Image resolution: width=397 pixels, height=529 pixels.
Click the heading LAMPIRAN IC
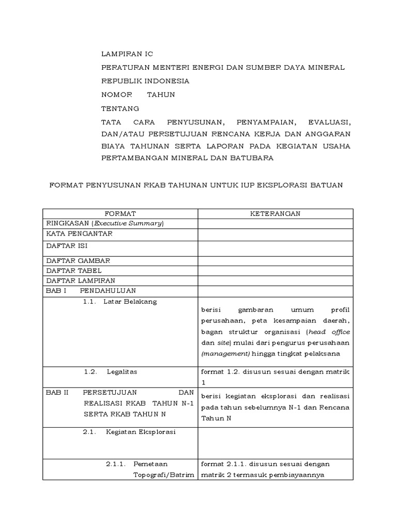[x=127, y=54]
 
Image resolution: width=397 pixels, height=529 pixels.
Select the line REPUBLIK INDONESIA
[x=145, y=81]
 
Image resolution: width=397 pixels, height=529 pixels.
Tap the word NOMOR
[x=116, y=95]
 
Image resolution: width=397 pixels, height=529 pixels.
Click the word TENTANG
[x=120, y=108]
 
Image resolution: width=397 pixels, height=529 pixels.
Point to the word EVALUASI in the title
[x=329, y=123]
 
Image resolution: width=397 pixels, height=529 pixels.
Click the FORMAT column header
[x=120, y=213]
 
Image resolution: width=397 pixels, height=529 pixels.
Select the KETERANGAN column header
[x=276, y=213]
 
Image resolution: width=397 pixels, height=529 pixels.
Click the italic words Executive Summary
[x=133, y=223]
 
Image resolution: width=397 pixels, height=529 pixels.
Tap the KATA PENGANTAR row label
[x=79, y=234]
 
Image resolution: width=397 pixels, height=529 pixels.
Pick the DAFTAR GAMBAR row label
[x=78, y=260]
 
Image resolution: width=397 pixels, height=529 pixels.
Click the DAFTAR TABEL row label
[x=74, y=270]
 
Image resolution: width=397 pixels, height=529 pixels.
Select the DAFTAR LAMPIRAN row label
[x=81, y=280]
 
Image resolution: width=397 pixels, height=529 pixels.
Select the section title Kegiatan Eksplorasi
[x=141, y=432]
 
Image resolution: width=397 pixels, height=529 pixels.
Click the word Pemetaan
[x=150, y=464]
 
